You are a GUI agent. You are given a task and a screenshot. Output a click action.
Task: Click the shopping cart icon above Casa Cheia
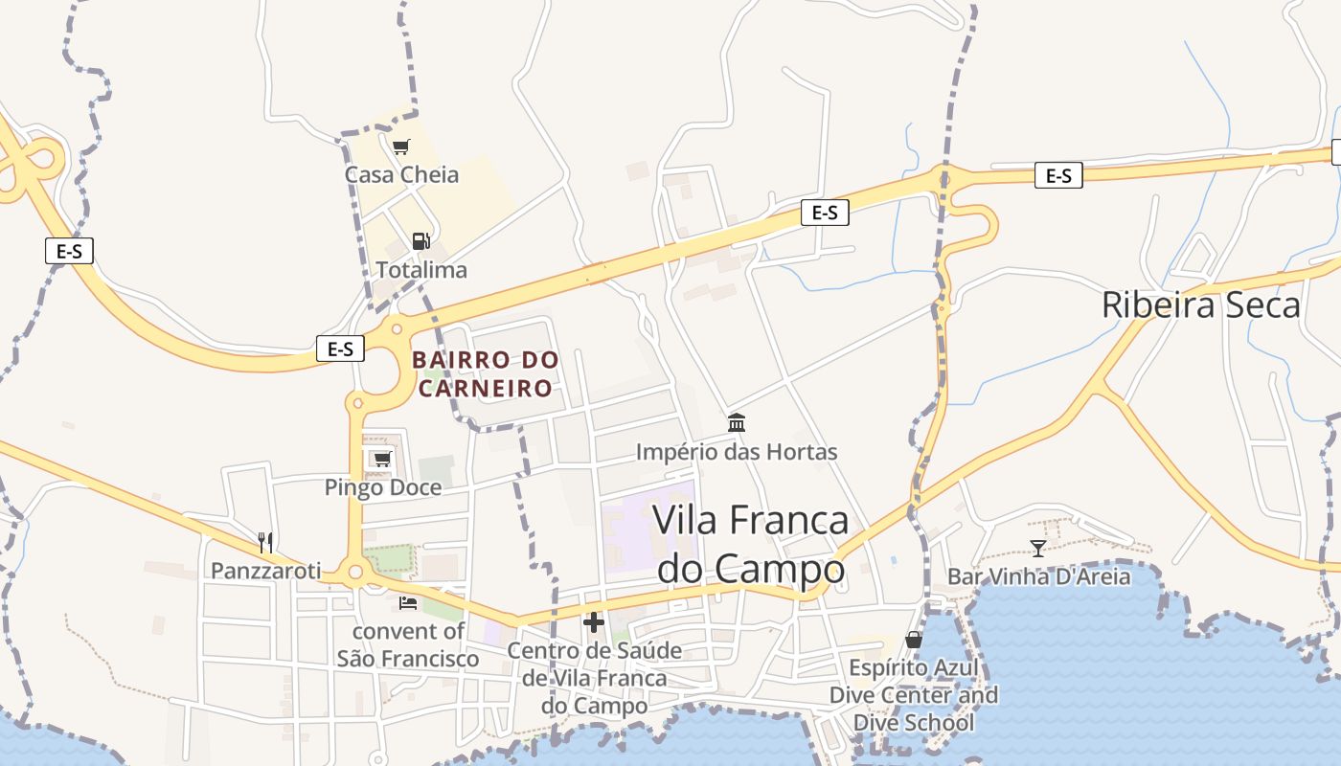tap(400, 146)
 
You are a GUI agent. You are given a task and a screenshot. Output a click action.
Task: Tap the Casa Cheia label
tap(401, 174)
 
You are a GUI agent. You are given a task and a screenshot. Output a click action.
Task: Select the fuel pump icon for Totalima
tap(420, 240)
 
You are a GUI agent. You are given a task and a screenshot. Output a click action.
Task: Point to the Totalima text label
tap(421, 270)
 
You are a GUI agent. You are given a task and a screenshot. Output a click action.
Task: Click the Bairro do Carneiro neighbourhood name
tap(486, 374)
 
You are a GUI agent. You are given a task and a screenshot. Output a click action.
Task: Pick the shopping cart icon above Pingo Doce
tap(382, 460)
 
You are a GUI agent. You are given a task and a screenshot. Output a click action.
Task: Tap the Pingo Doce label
tap(383, 487)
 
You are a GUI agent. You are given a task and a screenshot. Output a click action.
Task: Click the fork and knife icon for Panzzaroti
tap(265, 543)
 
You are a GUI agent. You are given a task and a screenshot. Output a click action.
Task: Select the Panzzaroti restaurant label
tap(265, 571)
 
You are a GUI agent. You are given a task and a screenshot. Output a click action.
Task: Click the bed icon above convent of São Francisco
tap(407, 603)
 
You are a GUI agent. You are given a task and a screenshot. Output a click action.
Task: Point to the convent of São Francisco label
tap(408, 644)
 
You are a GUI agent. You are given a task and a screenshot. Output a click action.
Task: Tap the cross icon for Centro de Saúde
tap(594, 622)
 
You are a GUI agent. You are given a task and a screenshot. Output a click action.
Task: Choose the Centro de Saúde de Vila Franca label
tap(594, 678)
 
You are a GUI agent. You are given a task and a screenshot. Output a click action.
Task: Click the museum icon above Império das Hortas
tap(737, 422)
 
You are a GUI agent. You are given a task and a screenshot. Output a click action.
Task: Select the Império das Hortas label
tap(737, 452)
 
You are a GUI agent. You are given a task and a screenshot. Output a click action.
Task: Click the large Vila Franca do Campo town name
tap(750, 544)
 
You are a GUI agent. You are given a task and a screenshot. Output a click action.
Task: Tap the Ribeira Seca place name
tap(1200, 304)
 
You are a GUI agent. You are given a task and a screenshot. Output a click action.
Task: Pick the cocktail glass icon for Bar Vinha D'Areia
tap(1038, 548)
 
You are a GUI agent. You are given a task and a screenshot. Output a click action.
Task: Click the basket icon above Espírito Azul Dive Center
tap(914, 639)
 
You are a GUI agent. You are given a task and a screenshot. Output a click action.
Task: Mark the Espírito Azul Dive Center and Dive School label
tap(914, 694)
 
